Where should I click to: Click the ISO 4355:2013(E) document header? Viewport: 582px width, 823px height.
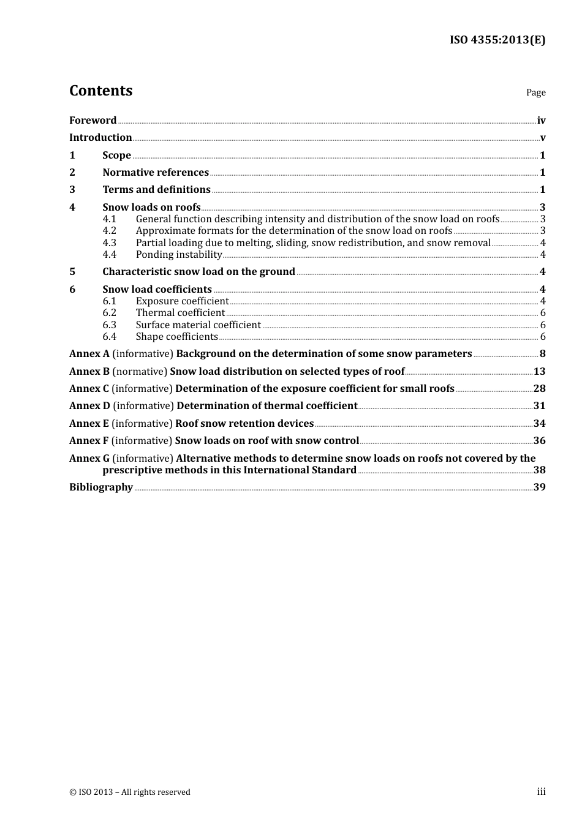coord(497,40)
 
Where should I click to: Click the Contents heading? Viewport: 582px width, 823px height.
coord(101,91)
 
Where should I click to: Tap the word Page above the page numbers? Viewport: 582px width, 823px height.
coord(535,92)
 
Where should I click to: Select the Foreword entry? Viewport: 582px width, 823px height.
coord(93,120)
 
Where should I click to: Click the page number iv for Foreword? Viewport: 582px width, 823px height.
coord(541,121)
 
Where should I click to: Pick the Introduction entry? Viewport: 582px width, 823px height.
coord(100,137)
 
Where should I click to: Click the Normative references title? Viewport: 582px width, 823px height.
coord(156,172)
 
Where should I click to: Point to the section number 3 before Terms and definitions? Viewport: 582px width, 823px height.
coord(72,189)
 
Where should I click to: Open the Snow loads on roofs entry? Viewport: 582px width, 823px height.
coord(151,207)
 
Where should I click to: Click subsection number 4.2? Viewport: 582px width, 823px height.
coord(110,231)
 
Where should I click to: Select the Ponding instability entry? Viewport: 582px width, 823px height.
coord(179,254)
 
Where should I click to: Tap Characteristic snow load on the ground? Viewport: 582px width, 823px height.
coord(198,271)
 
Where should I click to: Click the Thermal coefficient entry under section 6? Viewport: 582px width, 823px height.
coord(180,313)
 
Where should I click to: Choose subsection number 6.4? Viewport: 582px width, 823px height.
coord(110,336)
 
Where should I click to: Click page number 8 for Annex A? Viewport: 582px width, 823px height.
coord(542,353)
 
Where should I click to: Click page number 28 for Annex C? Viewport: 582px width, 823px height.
coord(539,388)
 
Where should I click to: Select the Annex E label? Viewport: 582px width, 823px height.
coord(89,423)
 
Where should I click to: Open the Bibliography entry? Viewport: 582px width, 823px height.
coord(101,487)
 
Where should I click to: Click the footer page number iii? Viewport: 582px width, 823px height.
coord(541,792)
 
